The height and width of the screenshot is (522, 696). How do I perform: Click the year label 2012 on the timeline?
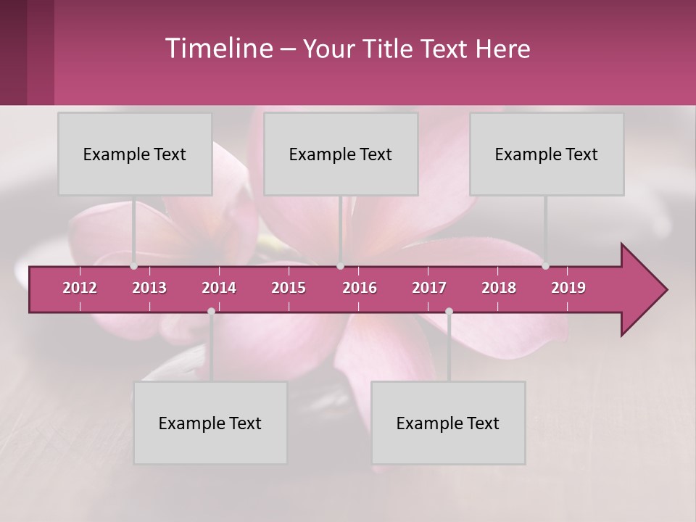pyautogui.click(x=80, y=288)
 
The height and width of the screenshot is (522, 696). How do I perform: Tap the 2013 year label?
pyautogui.click(x=149, y=288)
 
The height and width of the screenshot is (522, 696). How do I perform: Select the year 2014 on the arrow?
pyautogui.click(x=219, y=288)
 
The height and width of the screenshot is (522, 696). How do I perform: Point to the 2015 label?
pyautogui.click(x=289, y=288)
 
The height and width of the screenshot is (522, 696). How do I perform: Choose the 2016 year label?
pyautogui.click(x=360, y=288)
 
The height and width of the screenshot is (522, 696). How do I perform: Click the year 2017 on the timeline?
pyautogui.click(x=429, y=288)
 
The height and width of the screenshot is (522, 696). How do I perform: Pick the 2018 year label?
pyautogui.click(x=499, y=288)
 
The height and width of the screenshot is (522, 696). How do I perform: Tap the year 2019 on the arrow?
pyautogui.click(x=568, y=288)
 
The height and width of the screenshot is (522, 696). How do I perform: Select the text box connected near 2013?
pyautogui.click(x=135, y=154)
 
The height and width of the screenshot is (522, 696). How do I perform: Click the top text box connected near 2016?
pyautogui.click(x=341, y=154)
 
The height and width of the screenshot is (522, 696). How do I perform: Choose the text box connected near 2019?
pyautogui.click(x=547, y=154)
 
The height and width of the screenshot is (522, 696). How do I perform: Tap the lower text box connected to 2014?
pyautogui.click(x=210, y=423)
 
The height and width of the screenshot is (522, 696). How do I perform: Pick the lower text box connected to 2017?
pyautogui.click(x=448, y=423)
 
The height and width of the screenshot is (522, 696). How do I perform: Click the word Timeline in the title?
pyautogui.click(x=217, y=49)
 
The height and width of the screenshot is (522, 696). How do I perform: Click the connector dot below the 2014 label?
pyautogui.click(x=211, y=311)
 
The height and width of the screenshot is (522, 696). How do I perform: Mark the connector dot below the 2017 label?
pyautogui.click(x=449, y=311)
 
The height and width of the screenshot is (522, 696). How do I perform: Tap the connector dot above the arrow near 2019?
pyautogui.click(x=545, y=266)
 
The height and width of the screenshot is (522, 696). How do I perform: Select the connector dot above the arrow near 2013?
pyautogui.click(x=133, y=266)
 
